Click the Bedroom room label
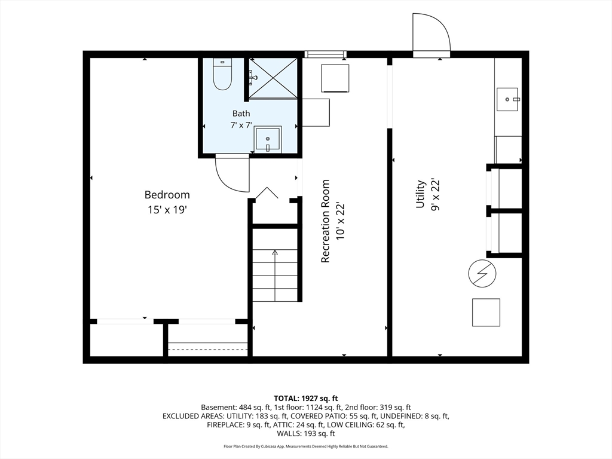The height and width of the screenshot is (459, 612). click(x=167, y=194)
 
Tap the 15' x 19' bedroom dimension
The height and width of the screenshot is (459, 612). click(x=167, y=210)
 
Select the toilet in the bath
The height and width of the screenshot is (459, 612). click(x=222, y=74)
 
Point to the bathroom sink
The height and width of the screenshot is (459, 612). click(x=267, y=139)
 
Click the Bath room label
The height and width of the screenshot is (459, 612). click(x=241, y=113)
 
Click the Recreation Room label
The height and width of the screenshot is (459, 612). click(x=325, y=221)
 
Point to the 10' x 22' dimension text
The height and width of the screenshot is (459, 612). click(x=340, y=221)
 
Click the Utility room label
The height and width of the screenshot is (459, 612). click(x=420, y=194)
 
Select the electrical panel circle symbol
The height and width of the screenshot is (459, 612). click(x=482, y=273)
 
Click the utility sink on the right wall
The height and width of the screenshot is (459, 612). click(x=507, y=100)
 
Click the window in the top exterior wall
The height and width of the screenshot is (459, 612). click(x=325, y=54)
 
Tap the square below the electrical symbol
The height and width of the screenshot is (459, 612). click(x=486, y=312)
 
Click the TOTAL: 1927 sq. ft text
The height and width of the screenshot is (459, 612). click(x=305, y=399)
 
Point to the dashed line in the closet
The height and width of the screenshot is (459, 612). click(x=207, y=349)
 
